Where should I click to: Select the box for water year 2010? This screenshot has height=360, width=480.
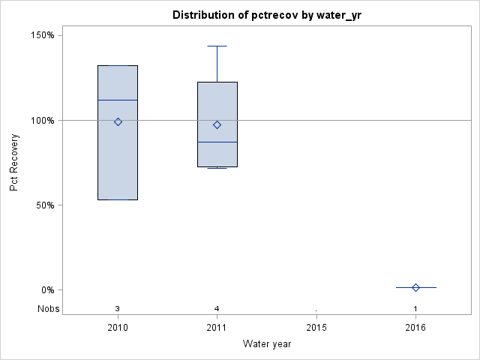(x=118, y=165)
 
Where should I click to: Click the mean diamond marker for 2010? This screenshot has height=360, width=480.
(x=118, y=121)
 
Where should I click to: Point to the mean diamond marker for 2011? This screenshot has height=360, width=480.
(x=217, y=124)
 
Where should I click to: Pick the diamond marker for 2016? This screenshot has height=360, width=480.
(x=415, y=287)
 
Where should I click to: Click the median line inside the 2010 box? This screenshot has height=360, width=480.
(x=118, y=100)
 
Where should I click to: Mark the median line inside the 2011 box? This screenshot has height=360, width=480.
(x=217, y=142)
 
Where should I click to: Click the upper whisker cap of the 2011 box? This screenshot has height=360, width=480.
(x=217, y=46)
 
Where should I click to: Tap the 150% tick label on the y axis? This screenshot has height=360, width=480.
(x=42, y=35)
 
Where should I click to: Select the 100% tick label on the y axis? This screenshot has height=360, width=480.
(x=42, y=120)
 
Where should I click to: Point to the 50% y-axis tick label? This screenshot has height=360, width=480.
(x=44, y=205)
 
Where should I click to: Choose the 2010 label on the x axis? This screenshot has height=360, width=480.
(x=118, y=328)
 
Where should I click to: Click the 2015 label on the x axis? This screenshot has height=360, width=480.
(x=316, y=328)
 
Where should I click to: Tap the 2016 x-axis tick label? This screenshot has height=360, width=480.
(x=415, y=328)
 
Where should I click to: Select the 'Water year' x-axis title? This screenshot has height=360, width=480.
(x=266, y=344)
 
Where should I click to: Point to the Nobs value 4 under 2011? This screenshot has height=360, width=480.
(x=217, y=308)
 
